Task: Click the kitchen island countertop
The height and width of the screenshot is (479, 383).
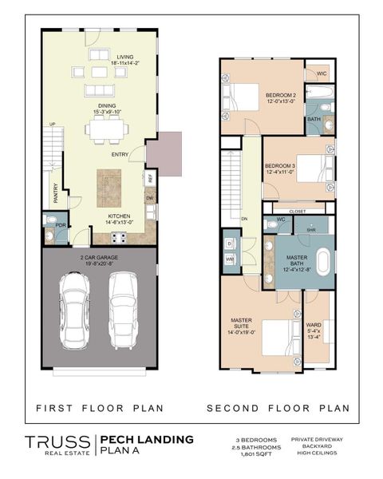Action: click(x=109, y=187)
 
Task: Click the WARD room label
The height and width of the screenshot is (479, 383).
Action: click(x=315, y=327)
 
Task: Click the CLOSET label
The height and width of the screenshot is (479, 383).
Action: click(x=298, y=212)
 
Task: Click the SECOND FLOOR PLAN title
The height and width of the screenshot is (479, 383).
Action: click(x=278, y=409)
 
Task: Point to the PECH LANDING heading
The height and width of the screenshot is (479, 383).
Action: click(x=146, y=438)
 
